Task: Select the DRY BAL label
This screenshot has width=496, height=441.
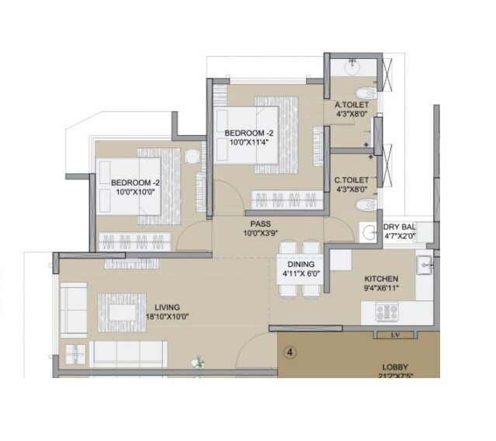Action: [x=401, y=227]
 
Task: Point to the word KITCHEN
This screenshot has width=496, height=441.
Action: [x=381, y=279]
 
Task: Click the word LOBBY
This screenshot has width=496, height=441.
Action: [x=396, y=367]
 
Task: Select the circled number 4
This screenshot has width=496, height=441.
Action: [x=290, y=352]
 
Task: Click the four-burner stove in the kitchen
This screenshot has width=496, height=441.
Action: [x=386, y=312]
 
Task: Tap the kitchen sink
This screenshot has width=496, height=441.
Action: [x=424, y=266]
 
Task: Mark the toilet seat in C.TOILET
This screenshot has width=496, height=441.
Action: [x=362, y=205]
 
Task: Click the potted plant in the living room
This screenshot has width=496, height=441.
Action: [x=200, y=361]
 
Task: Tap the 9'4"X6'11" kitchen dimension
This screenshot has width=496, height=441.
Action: [x=381, y=289]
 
